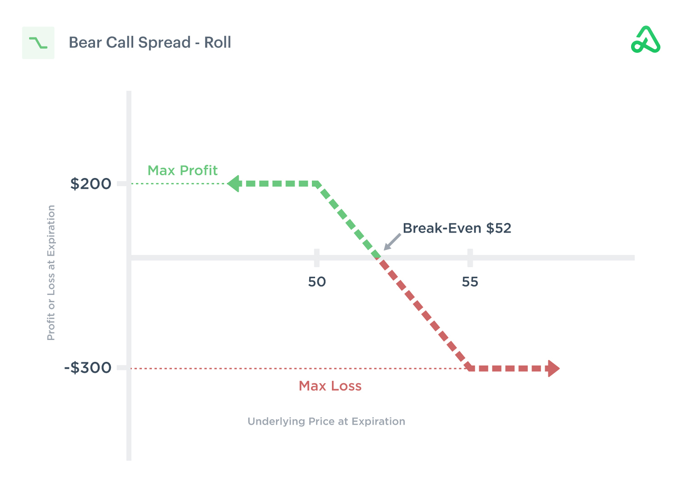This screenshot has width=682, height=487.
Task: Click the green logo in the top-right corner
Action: click(646, 40)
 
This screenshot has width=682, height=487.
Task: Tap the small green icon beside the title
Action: click(38, 43)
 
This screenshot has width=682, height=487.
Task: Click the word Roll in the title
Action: click(217, 42)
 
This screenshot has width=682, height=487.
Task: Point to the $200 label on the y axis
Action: click(90, 184)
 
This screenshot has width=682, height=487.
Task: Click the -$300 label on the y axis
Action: click(88, 367)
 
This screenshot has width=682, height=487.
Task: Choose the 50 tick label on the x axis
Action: click(317, 282)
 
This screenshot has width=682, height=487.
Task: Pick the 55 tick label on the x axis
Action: click(470, 282)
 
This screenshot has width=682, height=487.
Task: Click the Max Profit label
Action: click(182, 170)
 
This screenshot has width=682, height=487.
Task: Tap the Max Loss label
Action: click(330, 386)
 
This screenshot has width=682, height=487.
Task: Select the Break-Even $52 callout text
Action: click(457, 228)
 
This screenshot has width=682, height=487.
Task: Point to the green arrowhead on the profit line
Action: click(234, 184)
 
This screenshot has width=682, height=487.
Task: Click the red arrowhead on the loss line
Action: click(553, 368)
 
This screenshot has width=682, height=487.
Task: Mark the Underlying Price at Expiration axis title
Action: click(326, 421)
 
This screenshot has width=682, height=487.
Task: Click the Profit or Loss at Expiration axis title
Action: click(51, 272)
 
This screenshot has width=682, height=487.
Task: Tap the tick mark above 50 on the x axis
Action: click(317, 258)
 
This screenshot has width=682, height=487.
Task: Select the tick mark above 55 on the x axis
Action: click(470, 258)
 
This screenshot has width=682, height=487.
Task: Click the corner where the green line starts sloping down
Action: click(318, 184)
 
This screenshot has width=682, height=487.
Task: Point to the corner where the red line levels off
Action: click(470, 368)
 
